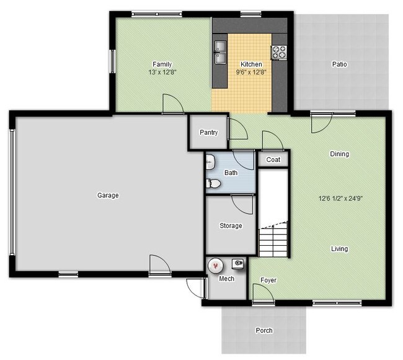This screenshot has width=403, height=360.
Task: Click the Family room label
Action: [x=162, y=64]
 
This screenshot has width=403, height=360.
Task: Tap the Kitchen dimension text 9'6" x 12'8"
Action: [x=251, y=72]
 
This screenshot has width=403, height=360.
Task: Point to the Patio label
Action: [x=339, y=64]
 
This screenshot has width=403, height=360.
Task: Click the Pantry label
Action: [x=208, y=133]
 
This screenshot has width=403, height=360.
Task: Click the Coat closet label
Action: [x=273, y=160]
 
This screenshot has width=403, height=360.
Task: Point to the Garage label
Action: [x=107, y=195]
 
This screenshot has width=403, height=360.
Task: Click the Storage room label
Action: [x=231, y=226]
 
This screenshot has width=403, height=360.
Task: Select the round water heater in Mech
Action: [x=215, y=266]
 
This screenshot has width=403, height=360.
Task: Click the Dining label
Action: [x=339, y=154]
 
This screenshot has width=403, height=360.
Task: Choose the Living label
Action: [x=339, y=249]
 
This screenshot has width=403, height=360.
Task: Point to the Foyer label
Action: [x=268, y=280]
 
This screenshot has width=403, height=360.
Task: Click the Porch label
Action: [x=263, y=330]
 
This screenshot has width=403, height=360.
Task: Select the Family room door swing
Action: [x=172, y=104]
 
